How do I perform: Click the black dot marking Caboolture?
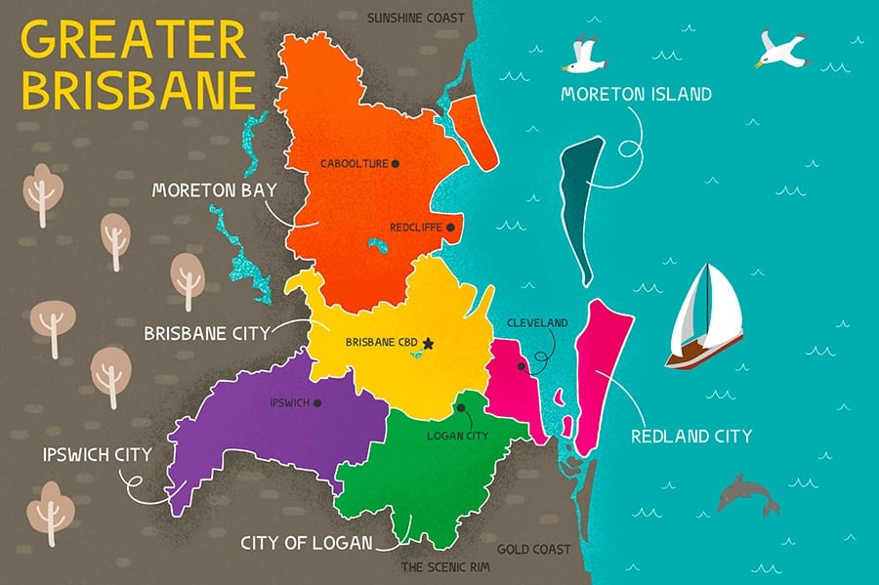point(396,164)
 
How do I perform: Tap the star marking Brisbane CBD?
point(427,343)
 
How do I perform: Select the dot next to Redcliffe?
point(450,228)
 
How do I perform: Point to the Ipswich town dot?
point(317,402)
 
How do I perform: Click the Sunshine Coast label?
point(416,18)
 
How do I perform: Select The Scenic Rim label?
point(442,566)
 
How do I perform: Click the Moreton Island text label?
point(636,95)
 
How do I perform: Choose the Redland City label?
point(691,436)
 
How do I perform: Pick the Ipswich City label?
point(97,454)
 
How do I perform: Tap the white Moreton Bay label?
point(215,189)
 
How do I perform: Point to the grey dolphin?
point(747,493)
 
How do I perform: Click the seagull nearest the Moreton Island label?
point(585,56)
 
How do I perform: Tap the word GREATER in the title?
point(134,42)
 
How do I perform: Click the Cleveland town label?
point(537,322)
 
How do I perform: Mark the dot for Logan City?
point(459,408)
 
